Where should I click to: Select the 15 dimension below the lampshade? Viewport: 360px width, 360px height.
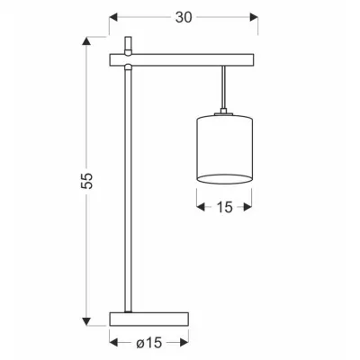click(x=224, y=207)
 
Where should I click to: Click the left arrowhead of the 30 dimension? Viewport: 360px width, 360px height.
click(x=112, y=15)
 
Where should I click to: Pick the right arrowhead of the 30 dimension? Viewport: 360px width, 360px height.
click(x=255, y=15)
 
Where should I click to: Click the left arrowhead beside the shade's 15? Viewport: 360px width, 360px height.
click(x=199, y=207)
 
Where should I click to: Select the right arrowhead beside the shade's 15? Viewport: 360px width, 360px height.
click(x=251, y=207)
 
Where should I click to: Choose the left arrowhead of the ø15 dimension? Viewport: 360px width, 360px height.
click(x=113, y=342)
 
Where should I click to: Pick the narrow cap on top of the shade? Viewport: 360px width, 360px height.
click(x=224, y=113)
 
